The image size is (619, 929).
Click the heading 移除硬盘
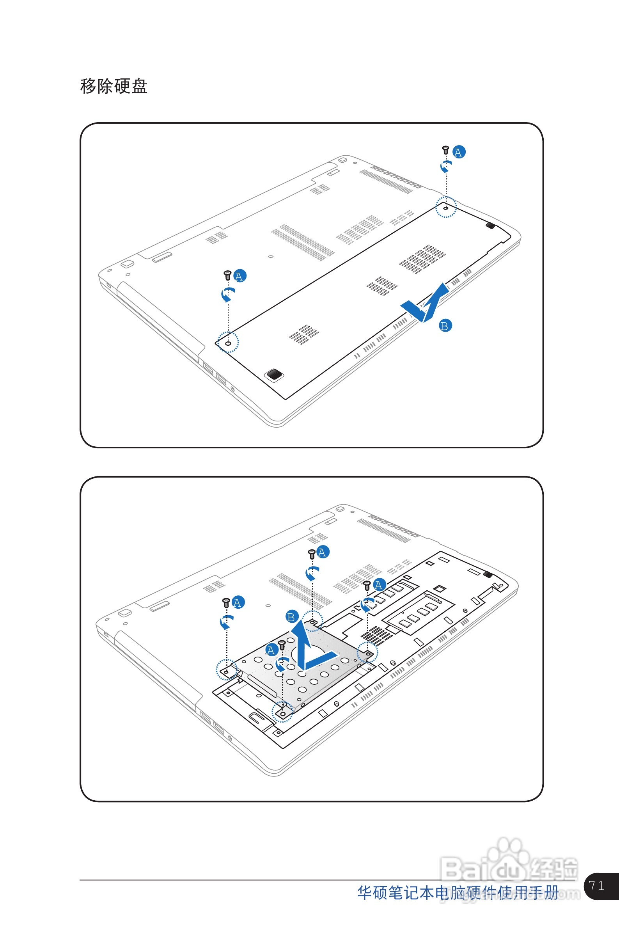point(114,86)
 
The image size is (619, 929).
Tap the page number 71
point(596,886)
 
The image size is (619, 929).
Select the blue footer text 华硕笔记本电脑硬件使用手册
point(458,893)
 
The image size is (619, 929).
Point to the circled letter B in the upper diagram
point(445,326)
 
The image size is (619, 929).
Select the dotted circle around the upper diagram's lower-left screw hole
point(228,342)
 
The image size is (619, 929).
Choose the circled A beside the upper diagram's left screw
point(239,276)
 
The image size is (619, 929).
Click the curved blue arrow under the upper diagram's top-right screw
point(446,166)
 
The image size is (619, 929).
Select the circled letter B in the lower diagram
point(292,617)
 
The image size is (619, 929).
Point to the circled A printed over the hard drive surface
point(271,650)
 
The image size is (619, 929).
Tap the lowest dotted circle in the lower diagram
point(283,712)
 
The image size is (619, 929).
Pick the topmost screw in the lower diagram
point(312,554)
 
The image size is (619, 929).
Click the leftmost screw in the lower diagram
point(226,602)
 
